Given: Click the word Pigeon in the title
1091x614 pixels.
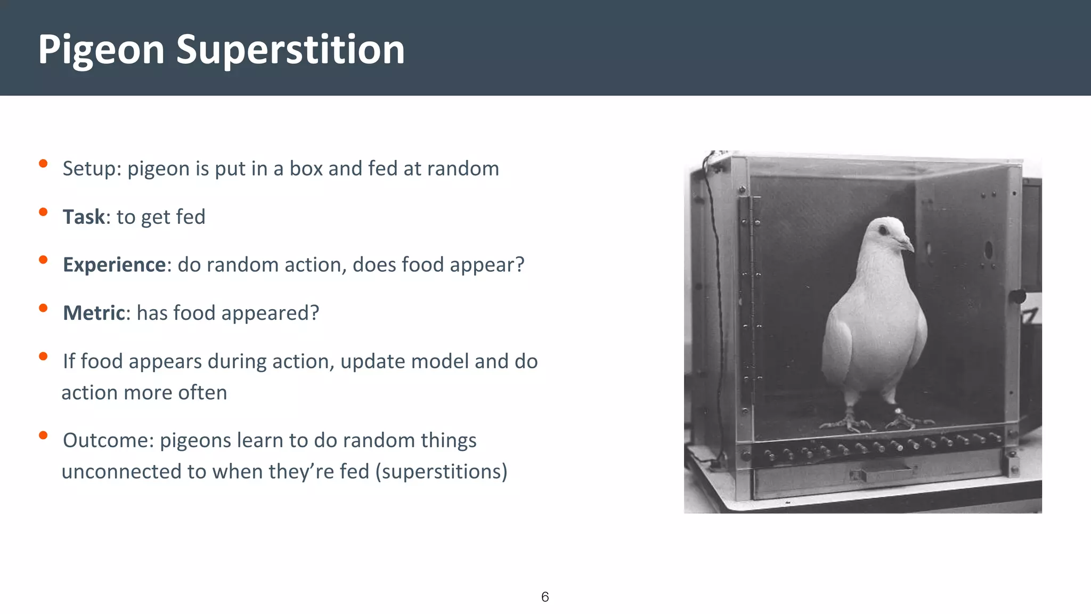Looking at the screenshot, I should [x=101, y=50].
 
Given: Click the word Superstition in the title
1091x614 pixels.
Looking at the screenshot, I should [x=290, y=50].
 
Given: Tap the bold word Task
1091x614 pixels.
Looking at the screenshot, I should [x=84, y=217].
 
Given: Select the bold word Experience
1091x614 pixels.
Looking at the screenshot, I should [x=114, y=265].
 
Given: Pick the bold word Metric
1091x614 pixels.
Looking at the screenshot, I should [x=94, y=313].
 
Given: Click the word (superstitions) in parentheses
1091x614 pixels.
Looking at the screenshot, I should [x=441, y=472].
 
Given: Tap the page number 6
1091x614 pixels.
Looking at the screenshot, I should [x=545, y=597].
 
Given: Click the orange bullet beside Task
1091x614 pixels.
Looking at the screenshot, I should [x=43, y=212].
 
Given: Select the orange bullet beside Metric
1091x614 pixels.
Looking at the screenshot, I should [x=43, y=308].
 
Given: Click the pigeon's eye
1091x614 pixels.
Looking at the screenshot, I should [x=883, y=231].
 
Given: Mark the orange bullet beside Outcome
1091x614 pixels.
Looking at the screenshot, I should [x=43, y=435].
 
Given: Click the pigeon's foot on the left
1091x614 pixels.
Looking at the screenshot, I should [x=847, y=424].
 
